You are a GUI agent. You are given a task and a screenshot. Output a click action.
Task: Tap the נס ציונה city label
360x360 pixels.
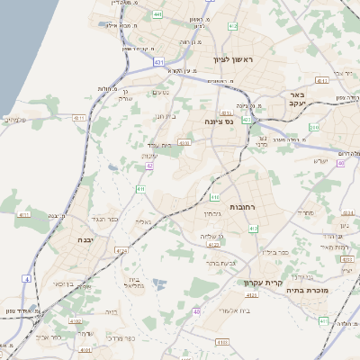coord(219,121)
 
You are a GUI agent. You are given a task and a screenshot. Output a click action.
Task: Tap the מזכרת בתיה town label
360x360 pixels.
coord(308,291)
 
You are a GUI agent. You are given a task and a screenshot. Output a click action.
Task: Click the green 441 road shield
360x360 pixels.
coord(158,14)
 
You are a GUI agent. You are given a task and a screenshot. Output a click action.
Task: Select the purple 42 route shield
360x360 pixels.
coord(149,166)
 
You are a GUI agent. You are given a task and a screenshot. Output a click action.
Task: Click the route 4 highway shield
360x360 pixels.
coord(27,279)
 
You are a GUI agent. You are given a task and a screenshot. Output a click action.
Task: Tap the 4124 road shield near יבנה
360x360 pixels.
coord(121,250)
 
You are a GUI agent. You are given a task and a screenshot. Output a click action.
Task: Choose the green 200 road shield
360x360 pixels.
coord(314,128)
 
